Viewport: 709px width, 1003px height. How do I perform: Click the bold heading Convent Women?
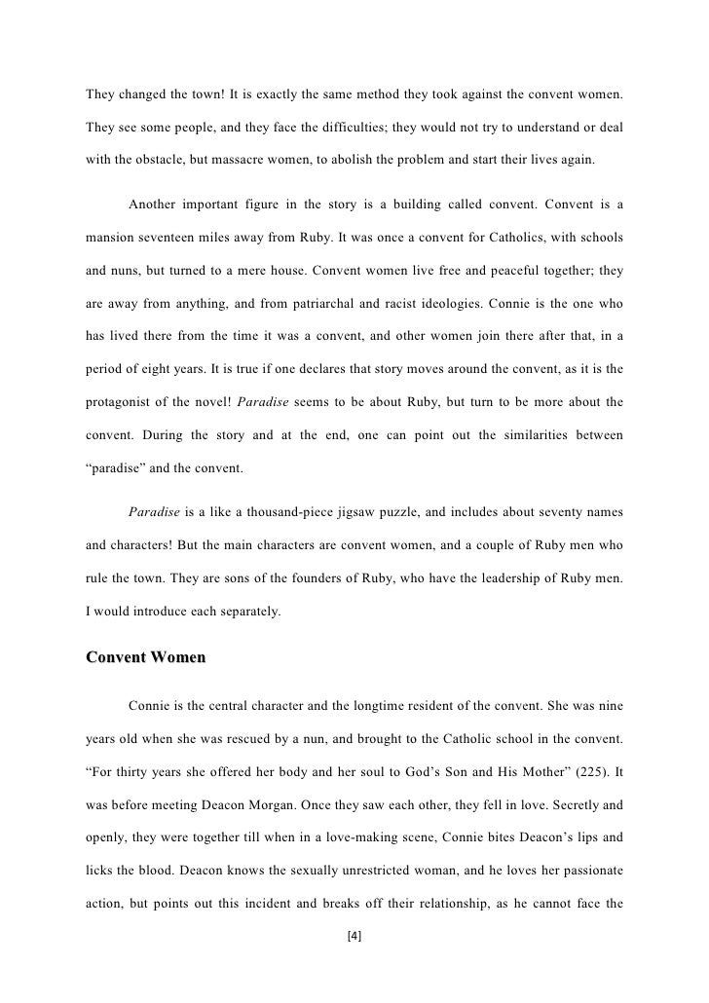[x=146, y=657]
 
